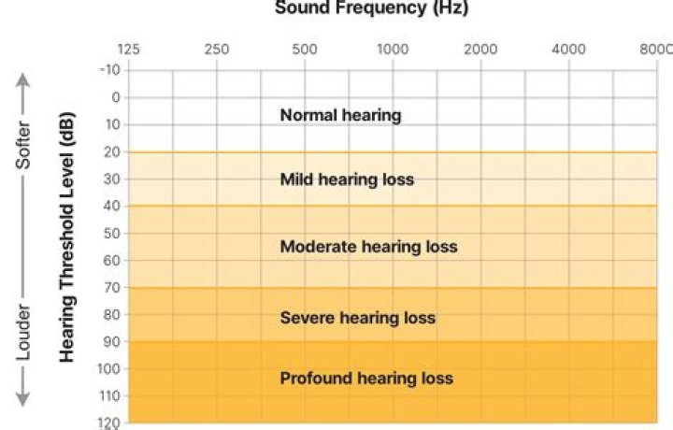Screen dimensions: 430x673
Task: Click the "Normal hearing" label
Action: click(340, 116)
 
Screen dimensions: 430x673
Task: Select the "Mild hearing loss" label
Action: click(347, 179)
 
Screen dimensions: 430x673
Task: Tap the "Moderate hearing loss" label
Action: click(368, 247)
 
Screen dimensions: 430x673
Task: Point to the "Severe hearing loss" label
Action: click(357, 318)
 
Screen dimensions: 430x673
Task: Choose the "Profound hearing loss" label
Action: click(366, 379)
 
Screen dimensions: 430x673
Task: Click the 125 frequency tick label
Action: click(128, 50)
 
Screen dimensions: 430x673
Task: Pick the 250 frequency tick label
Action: click(217, 50)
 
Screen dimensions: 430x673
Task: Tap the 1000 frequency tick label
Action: click(393, 50)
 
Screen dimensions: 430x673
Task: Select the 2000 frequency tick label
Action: click(480, 50)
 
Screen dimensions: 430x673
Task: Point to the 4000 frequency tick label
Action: click(568, 50)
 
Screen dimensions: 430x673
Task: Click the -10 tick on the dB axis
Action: click(109, 70)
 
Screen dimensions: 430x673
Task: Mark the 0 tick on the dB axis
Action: click(115, 97)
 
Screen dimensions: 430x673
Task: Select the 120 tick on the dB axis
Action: click(109, 423)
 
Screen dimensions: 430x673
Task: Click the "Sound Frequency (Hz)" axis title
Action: click(371, 8)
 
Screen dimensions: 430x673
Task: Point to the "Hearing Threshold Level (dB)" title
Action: click(67, 237)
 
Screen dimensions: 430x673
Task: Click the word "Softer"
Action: click(25, 145)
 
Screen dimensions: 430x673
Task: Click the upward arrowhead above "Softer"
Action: click(25, 79)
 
